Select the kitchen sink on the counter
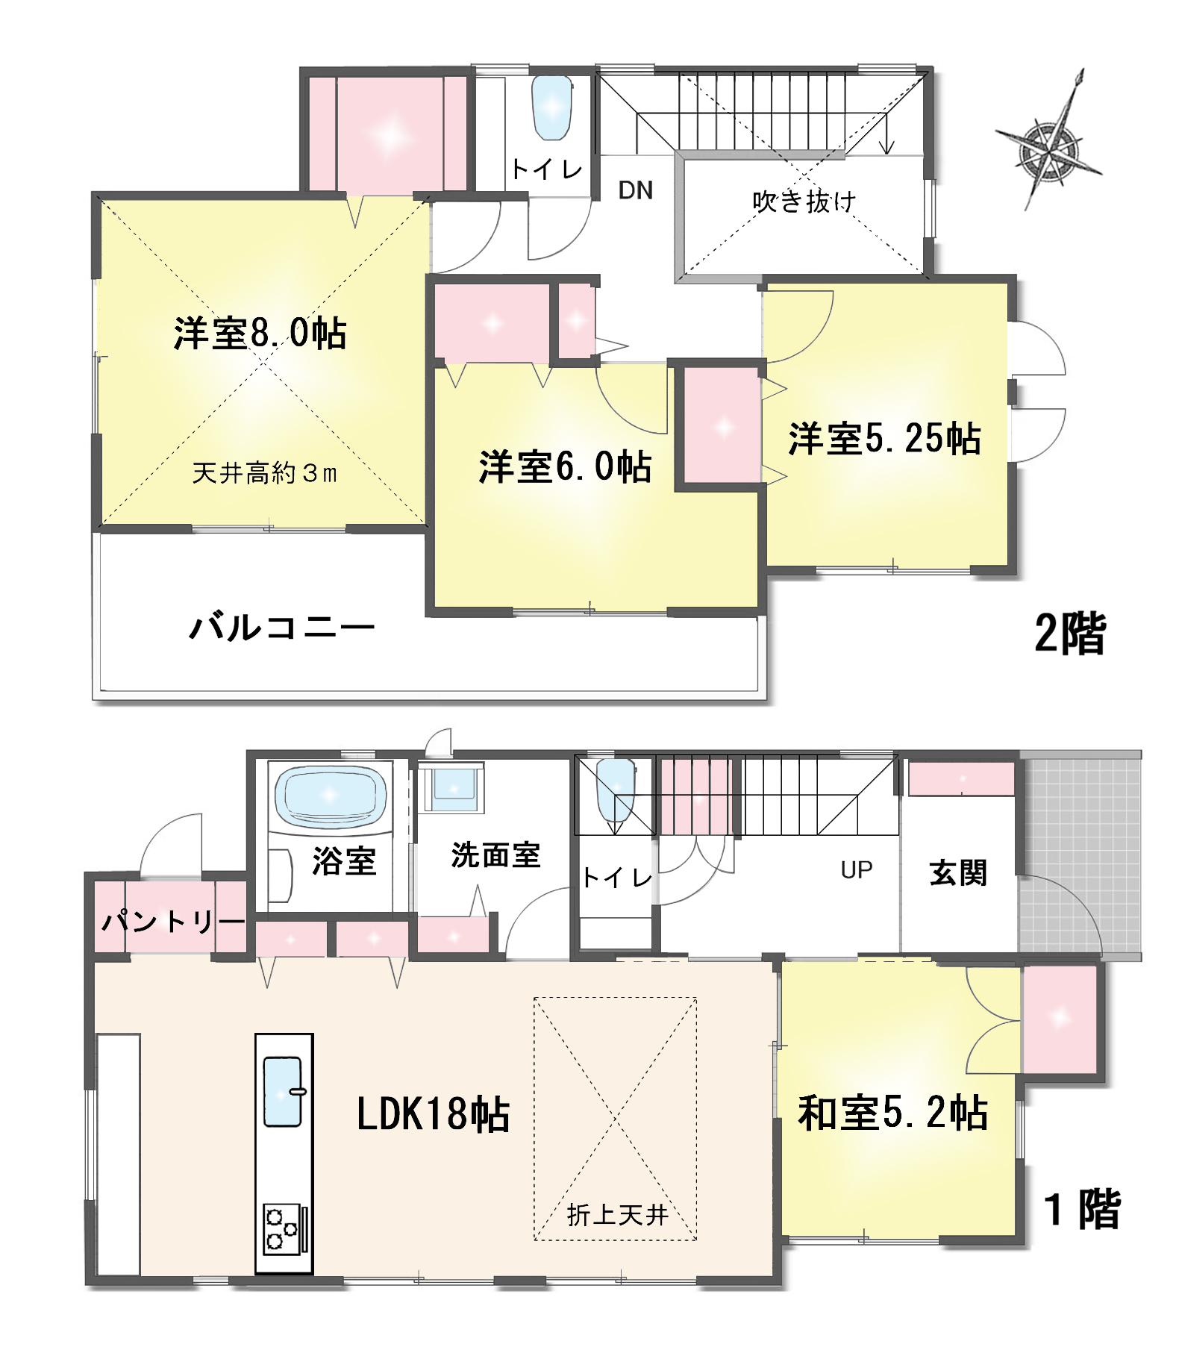(283, 1091)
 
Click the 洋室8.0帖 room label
(260, 333)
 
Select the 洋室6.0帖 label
(565, 467)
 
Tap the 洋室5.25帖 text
(884, 439)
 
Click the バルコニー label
(282, 627)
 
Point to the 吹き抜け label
(804, 201)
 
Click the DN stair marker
(635, 190)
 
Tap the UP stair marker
(856, 869)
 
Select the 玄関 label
(958, 872)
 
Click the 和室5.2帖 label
(892, 1113)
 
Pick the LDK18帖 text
(433, 1114)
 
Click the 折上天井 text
(616, 1216)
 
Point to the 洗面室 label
(495, 855)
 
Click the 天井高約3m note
(264, 473)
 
